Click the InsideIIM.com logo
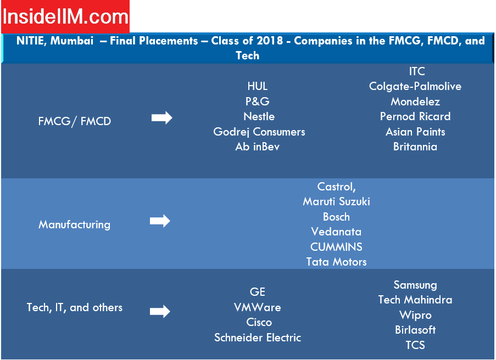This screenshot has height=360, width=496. (x=65, y=16)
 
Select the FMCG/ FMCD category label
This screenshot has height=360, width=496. (x=75, y=121)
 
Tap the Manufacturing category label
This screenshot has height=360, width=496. (x=74, y=224)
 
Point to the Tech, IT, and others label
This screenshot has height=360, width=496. (x=74, y=307)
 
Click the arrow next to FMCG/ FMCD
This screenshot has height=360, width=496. (x=162, y=118)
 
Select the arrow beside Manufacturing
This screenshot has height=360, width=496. (x=160, y=221)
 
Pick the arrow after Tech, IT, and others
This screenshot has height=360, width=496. (x=160, y=311)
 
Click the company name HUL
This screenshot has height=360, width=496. (x=258, y=86)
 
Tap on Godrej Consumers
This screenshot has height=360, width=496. (x=259, y=132)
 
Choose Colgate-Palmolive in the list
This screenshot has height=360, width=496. (x=415, y=86)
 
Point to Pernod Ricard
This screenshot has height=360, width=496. (x=415, y=116)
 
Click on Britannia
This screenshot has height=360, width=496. (x=415, y=147)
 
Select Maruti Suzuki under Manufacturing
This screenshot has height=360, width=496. (x=336, y=201)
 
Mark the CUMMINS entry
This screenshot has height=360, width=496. (x=336, y=247)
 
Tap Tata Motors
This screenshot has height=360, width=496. (x=336, y=262)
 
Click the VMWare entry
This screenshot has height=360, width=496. (x=258, y=307)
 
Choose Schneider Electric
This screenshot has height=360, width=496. (x=258, y=337)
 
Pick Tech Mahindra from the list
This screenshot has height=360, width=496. (x=415, y=300)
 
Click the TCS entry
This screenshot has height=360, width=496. (x=415, y=345)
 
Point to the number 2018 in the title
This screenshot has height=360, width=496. (x=270, y=41)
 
